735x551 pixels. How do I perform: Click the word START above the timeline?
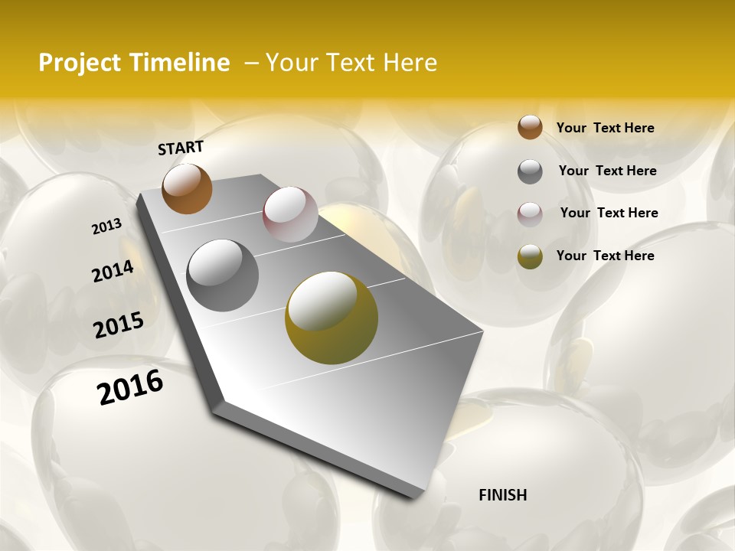(181, 148)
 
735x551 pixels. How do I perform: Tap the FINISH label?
(502, 495)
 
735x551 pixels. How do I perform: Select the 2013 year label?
(106, 227)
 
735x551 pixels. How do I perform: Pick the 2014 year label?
(113, 271)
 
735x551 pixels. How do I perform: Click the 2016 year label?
(130, 386)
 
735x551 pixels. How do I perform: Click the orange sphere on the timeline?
(187, 188)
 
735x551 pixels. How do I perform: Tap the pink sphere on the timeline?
(290, 214)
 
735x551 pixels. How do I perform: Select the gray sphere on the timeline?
(223, 275)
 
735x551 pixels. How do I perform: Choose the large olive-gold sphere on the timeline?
(332, 318)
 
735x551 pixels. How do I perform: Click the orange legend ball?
(530, 127)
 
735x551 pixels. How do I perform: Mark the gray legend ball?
(530, 171)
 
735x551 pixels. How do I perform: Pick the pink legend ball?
(530, 214)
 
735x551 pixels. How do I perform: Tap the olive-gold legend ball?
(530, 256)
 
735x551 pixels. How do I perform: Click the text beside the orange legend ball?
(605, 128)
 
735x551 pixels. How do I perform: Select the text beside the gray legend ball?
(607, 171)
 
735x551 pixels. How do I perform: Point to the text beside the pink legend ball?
(609, 213)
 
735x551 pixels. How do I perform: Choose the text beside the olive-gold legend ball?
(605, 256)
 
